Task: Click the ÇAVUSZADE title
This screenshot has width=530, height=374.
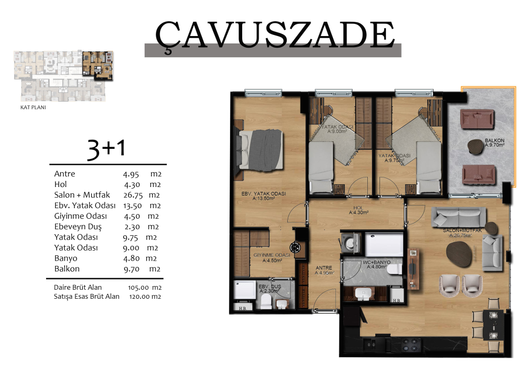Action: [x=275, y=35]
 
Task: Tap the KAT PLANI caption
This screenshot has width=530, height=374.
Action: [x=33, y=108]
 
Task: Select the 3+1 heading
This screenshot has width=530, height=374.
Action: [x=107, y=148]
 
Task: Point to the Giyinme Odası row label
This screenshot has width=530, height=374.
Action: [x=81, y=216]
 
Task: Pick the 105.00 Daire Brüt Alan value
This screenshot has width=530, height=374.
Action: [x=138, y=288]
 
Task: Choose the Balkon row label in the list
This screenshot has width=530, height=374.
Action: [x=67, y=269]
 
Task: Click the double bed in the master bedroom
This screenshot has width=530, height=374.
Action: [x=260, y=149]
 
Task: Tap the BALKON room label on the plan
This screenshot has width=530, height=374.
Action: [x=494, y=143]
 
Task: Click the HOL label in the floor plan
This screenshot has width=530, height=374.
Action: [x=358, y=208]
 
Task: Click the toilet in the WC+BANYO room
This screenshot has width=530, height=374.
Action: [x=394, y=269]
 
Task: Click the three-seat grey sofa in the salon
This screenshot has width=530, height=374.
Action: [x=458, y=217]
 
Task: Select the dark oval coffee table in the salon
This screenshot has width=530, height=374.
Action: [x=458, y=254]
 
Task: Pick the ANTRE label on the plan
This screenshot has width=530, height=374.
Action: [x=324, y=268]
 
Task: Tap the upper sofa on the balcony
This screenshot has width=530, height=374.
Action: [x=477, y=119]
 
